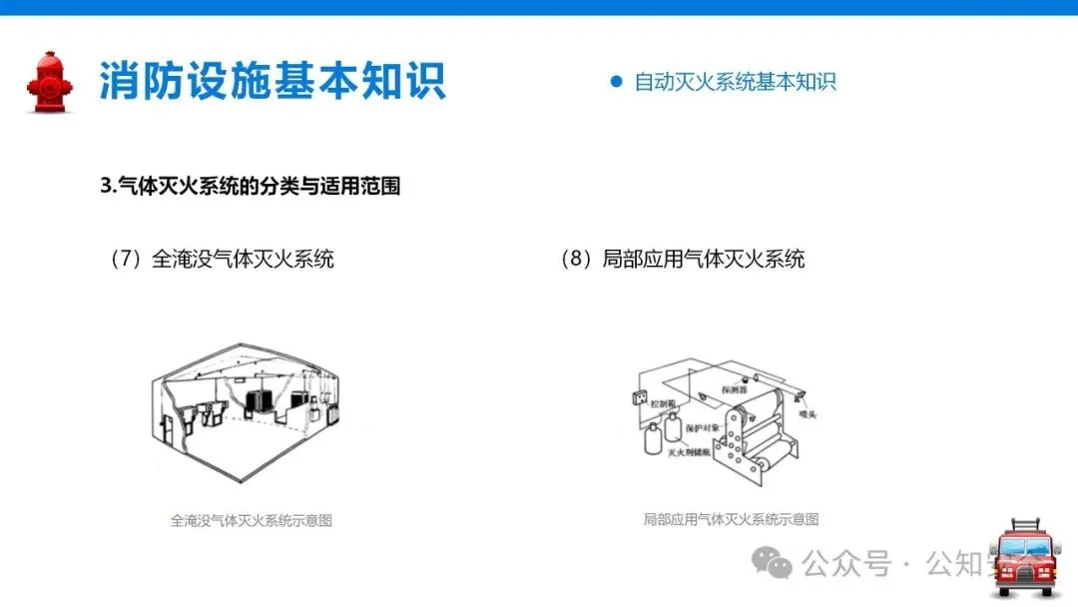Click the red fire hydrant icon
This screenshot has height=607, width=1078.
point(49,81)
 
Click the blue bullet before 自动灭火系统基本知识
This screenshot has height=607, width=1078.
point(616,82)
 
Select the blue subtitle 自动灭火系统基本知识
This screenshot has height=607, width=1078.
point(735,82)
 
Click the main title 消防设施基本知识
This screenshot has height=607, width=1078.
point(271,81)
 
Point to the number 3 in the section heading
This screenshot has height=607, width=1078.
point(106,186)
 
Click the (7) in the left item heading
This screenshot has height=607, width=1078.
point(129,260)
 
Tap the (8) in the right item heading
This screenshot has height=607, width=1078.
point(578,260)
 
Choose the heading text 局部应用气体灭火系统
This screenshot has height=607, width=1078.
point(704,260)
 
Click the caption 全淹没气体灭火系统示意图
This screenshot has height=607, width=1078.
point(251,520)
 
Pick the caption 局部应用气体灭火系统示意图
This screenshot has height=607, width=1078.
point(731,519)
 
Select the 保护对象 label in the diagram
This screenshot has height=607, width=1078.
point(702,427)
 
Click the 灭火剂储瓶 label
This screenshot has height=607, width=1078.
point(688,451)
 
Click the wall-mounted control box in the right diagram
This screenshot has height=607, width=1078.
point(640,397)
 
